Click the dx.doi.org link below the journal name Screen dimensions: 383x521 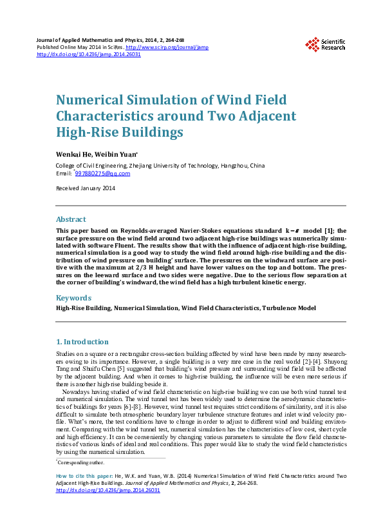pos(89,54)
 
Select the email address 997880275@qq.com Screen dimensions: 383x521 pos(103,173)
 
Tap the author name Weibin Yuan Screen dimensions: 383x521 pos(115,155)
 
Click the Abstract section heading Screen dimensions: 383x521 pos(71,219)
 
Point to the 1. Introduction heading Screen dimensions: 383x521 pos(82,342)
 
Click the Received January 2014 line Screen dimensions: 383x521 pos(86,188)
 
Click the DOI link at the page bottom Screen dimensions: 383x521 pos(108,490)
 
